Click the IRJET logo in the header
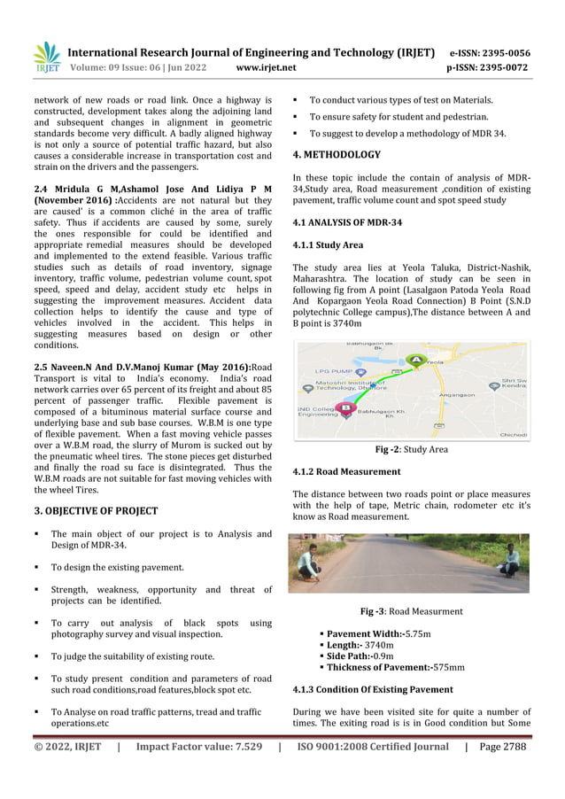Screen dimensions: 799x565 (x=46, y=58)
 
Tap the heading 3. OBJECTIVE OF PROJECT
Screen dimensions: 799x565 (x=96, y=511)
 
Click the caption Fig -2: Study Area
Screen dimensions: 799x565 (x=411, y=450)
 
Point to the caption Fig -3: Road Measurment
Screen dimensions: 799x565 (x=411, y=611)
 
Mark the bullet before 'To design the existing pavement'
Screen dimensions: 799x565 (x=38, y=567)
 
